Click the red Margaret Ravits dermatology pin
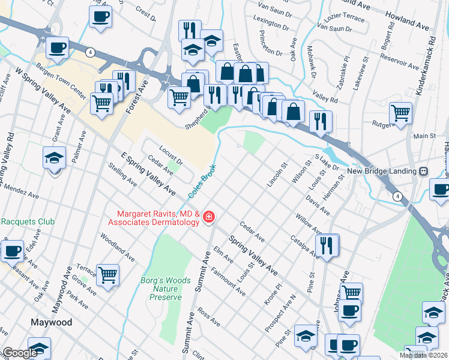(208, 217)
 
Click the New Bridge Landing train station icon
(423, 171)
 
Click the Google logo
(19, 353)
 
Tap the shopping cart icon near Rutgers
(400, 112)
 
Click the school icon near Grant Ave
(54, 159)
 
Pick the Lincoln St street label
(277, 173)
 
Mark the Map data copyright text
(423, 355)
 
